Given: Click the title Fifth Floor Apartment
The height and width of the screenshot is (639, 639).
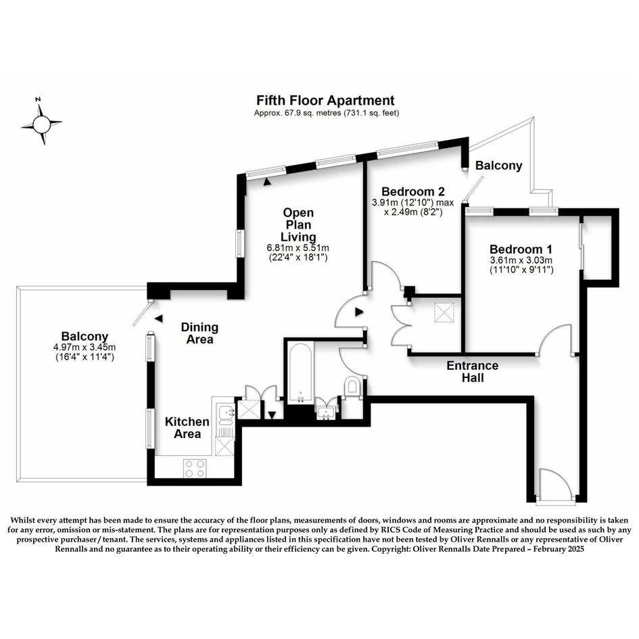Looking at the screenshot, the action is pos(325,100).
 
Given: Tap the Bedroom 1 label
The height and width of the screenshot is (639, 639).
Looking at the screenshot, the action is pos(521,249).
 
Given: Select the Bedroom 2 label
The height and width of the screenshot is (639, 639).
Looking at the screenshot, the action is pos(413,191).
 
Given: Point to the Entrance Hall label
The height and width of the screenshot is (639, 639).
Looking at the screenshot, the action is pos(473,371).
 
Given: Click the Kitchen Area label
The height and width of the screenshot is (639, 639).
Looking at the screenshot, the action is pos(187,427).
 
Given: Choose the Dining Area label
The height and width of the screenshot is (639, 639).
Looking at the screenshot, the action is pos(199,333).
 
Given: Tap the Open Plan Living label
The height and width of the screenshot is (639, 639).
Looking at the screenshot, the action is pos(298,224).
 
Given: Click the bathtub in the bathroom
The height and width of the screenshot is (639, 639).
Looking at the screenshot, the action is pos(300,373).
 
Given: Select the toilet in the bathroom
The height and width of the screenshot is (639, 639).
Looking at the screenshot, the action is pos(352,385).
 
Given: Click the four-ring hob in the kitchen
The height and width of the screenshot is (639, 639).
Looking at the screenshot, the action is pos(195,468).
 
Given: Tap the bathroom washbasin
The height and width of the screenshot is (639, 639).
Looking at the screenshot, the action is pos(327,412).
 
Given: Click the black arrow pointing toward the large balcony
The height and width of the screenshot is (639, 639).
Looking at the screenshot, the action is pos(159,318).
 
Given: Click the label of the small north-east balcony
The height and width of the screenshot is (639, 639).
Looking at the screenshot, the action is pos(499,166).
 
